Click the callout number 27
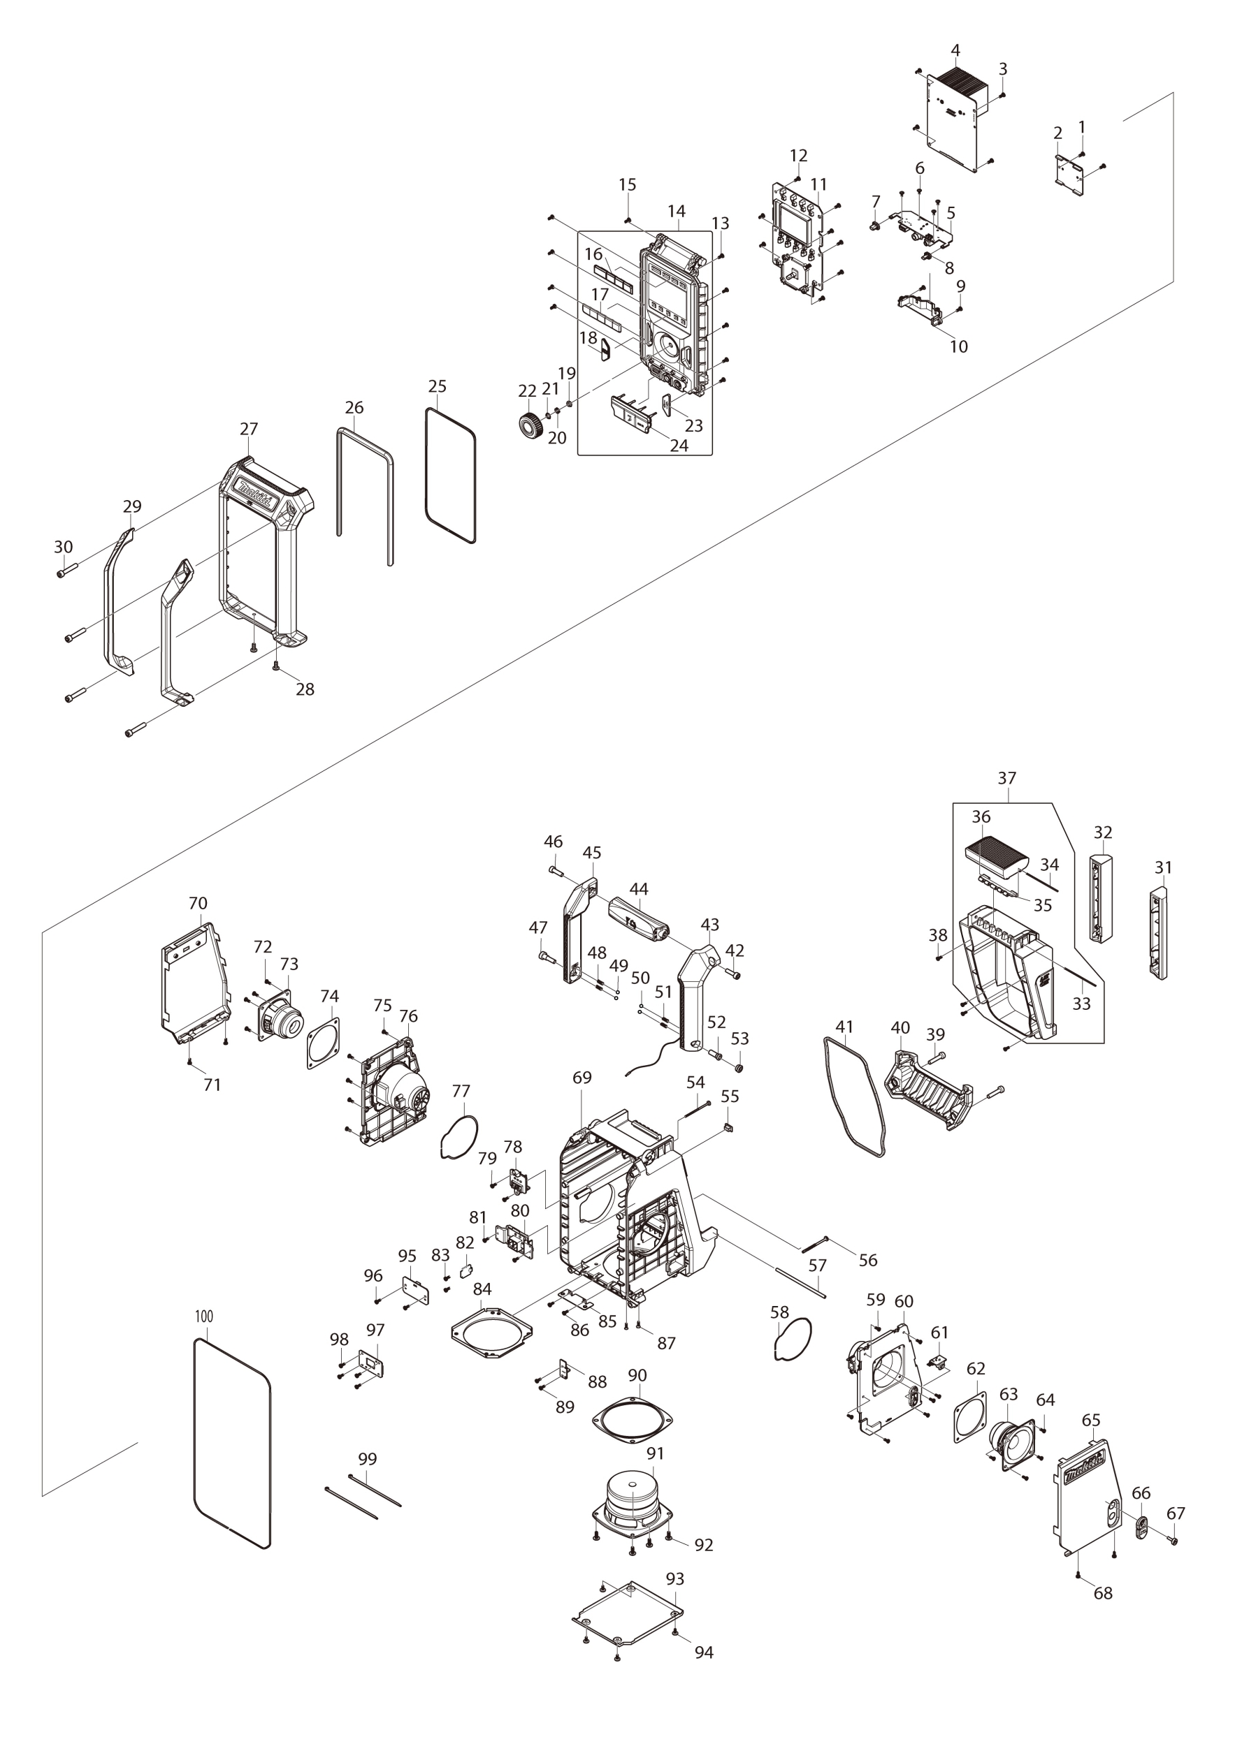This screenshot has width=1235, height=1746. coord(249,429)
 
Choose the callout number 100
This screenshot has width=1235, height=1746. coord(204,1317)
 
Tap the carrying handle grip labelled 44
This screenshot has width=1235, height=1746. coord(637,921)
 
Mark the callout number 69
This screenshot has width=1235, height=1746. coord(582,1078)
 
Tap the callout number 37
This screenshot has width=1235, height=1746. coord(1006,778)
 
